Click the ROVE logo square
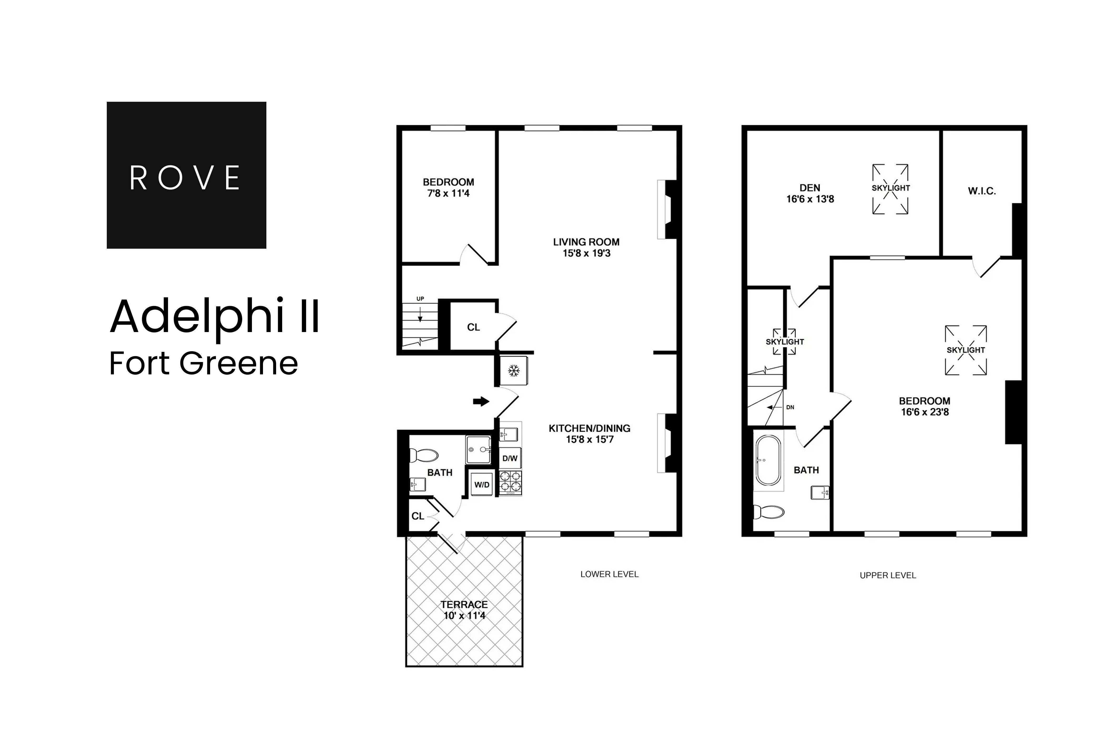[x=186, y=175]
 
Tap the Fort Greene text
[x=204, y=364]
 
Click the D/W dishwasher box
[x=510, y=458]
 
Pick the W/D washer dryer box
[x=482, y=485]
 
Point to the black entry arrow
[x=481, y=401]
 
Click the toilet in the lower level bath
[x=423, y=456]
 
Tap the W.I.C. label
[x=982, y=191]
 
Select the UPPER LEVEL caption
[x=888, y=575]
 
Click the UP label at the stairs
[x=420, y=299]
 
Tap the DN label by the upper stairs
[x=790, y=407]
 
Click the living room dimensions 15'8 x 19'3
[x=586, y=253]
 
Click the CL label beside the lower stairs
[x=473, y=327]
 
